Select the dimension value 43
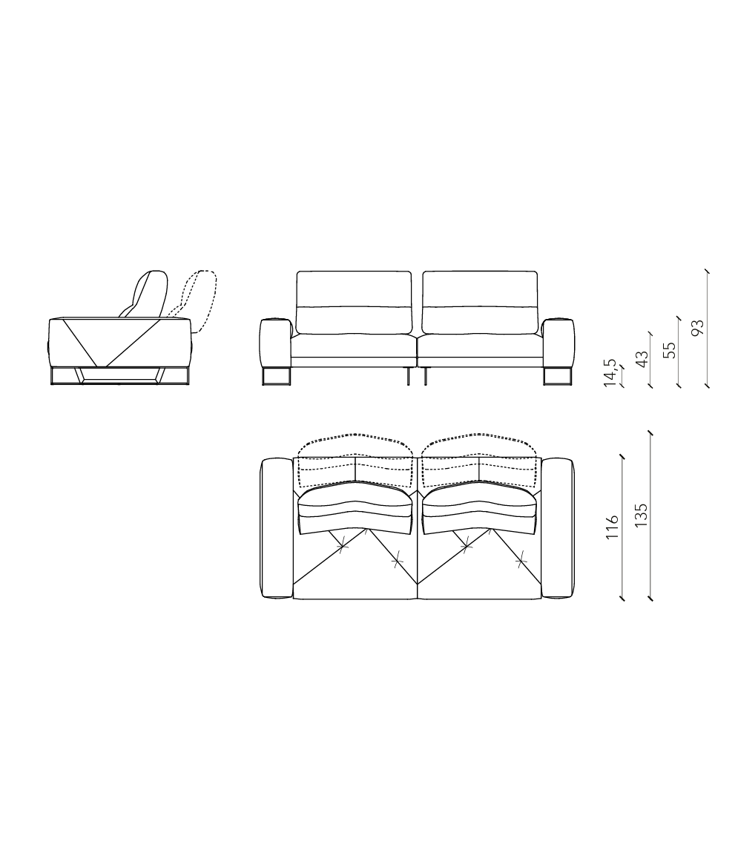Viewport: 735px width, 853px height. click(x=642, y=359)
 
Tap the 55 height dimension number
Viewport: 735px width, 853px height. click(x=670, y=349)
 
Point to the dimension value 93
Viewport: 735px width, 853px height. click(x=697, y=328)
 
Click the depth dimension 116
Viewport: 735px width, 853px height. click(x=613, y=527)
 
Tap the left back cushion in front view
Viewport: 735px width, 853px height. click(x=354, y=303)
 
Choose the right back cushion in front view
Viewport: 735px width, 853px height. click(x=480, y=303)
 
